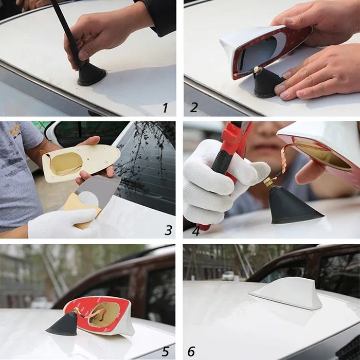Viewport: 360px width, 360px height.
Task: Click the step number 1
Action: coord(165,107)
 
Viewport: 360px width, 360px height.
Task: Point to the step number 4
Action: coord(195,231)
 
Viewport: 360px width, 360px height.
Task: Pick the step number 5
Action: coord(165,351)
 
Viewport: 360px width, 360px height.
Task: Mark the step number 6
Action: coord(191,351)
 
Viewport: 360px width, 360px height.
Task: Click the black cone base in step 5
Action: coord(63,323)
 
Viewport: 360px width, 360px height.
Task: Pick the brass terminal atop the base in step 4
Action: coord(268,182)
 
